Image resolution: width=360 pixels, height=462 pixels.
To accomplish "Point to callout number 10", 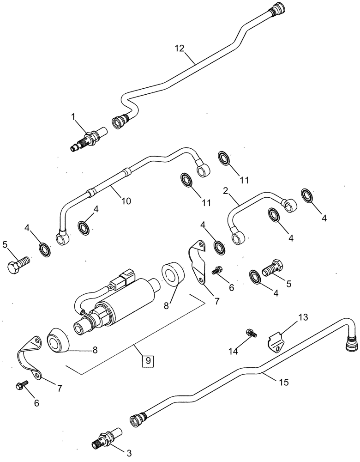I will (x=126, y=201).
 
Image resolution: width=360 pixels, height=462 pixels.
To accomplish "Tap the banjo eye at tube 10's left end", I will (x=62, y=238).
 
